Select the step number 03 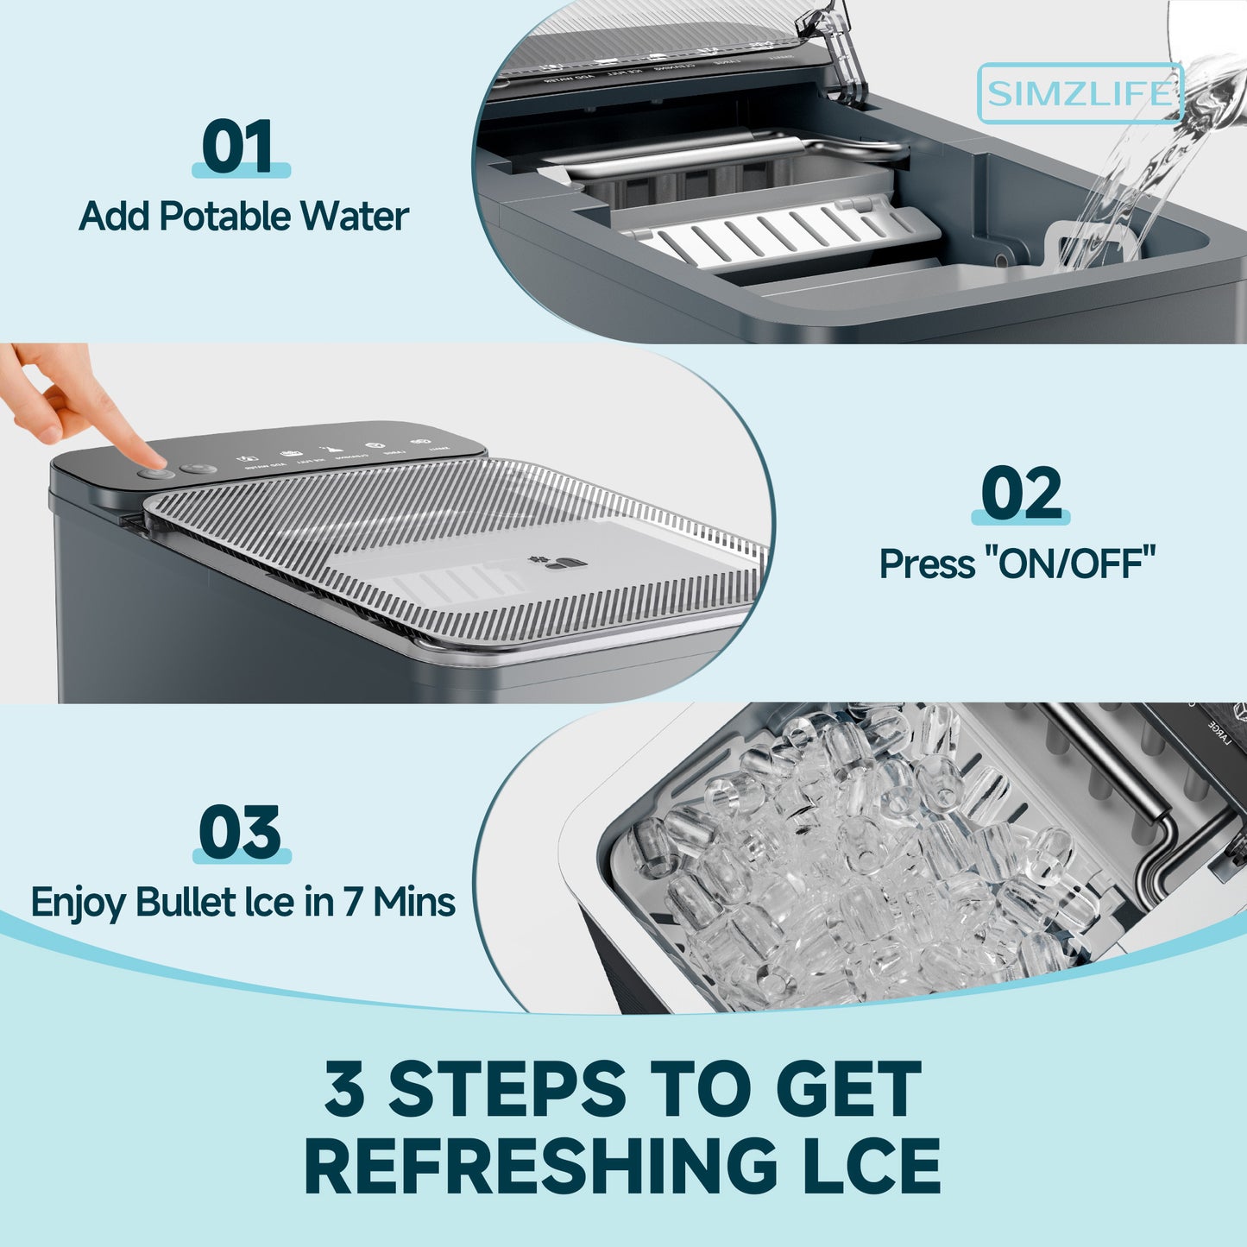[240, 833]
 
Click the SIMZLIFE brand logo [1080, 93]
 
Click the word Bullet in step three [186, 903]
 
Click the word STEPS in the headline [507, 1089]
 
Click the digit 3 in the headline [344, 1089]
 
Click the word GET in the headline [848, 1089]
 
